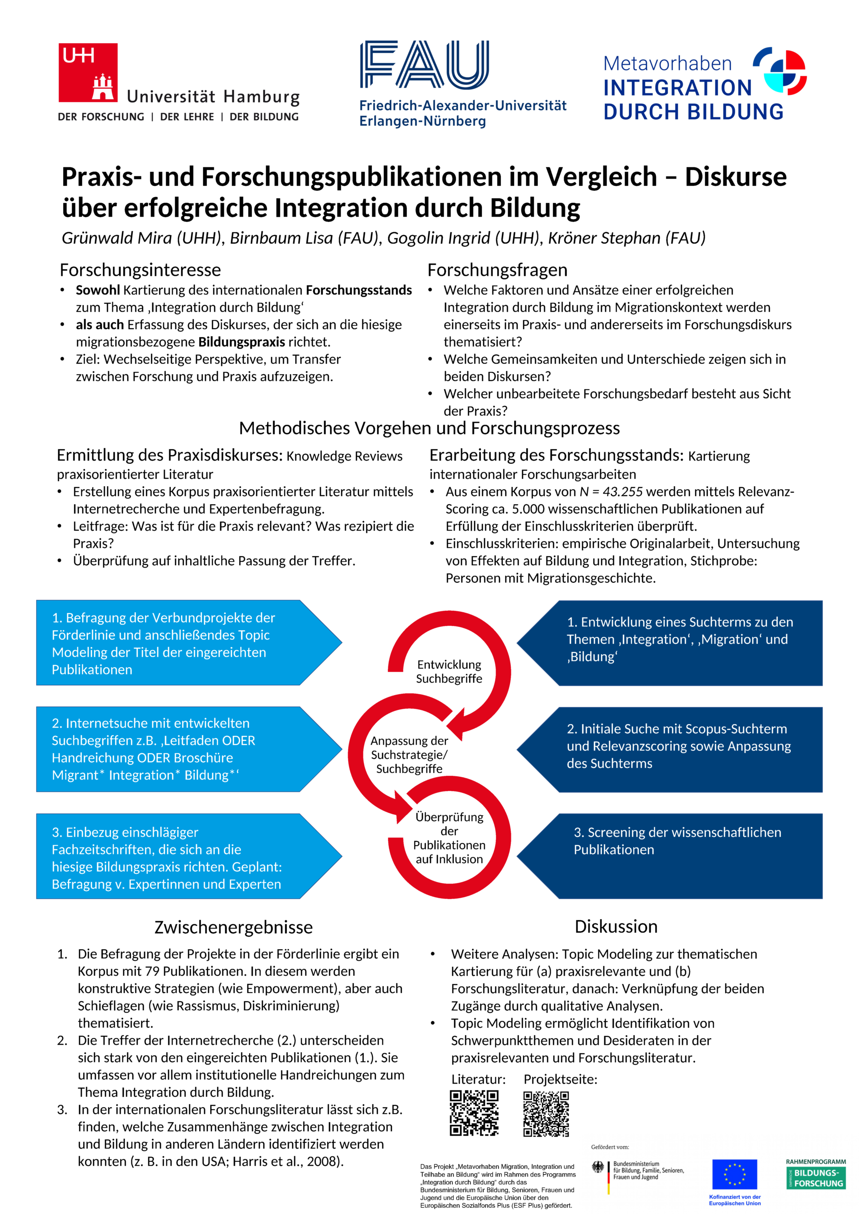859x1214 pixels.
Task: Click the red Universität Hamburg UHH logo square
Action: (88, 73)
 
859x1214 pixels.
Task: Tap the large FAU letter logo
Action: (424, 64)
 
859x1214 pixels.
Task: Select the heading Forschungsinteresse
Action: (140, 270)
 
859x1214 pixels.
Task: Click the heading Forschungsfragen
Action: (497, 270)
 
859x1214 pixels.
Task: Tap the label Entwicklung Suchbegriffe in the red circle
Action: (449, 671)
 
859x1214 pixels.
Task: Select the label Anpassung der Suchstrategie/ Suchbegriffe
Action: (409, 754)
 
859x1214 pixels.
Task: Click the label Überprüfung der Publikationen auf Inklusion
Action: (449, 837)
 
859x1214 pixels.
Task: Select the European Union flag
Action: (734, 1174)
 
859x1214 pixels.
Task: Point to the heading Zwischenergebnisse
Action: (233, 927)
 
